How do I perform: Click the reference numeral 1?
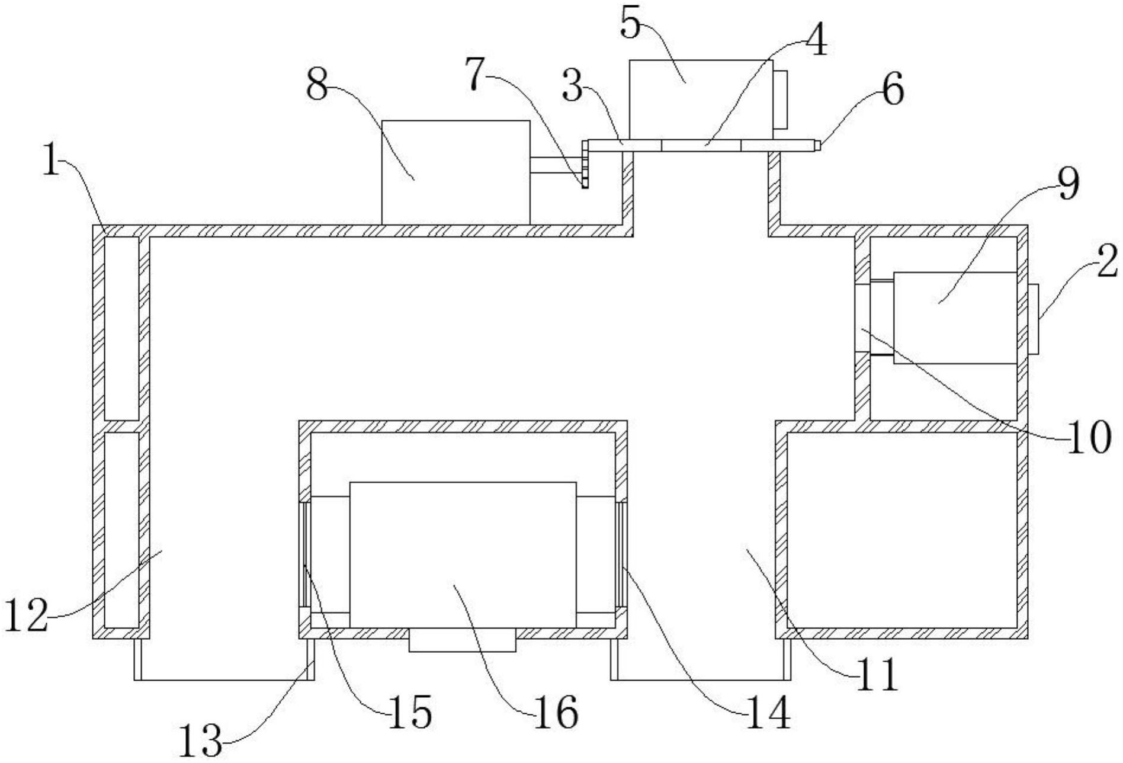pyautogui.click(x=52, y=158)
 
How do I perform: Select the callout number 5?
pyautogui.click(x=632, y=24)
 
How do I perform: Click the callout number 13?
pyautogui.click(x=200, y=740)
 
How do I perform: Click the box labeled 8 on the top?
pyautogui.click(x=455, y=172)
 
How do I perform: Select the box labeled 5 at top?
pyautogui.click(x=701, y=98)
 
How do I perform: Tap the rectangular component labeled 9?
pyautogui.click(x=955, y=318)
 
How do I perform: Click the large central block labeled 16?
pyautogui.click(x=463, y=554)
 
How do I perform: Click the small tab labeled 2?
pyautogui.click(x=1034, y=319)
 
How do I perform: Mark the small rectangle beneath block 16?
pyautogui.click(x=462, y=641)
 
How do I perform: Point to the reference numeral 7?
pyautogui.click(x=480, y=75)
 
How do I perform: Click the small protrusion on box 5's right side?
pyautogui.click(x=781, y=100)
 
